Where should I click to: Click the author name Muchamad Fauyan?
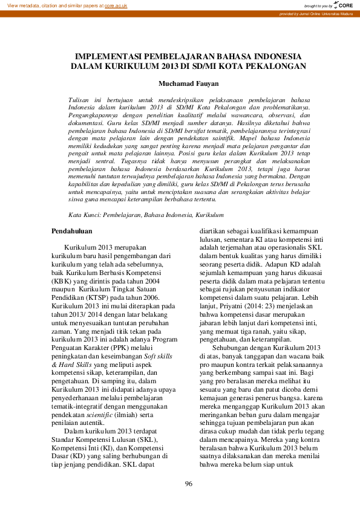(180, 83)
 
